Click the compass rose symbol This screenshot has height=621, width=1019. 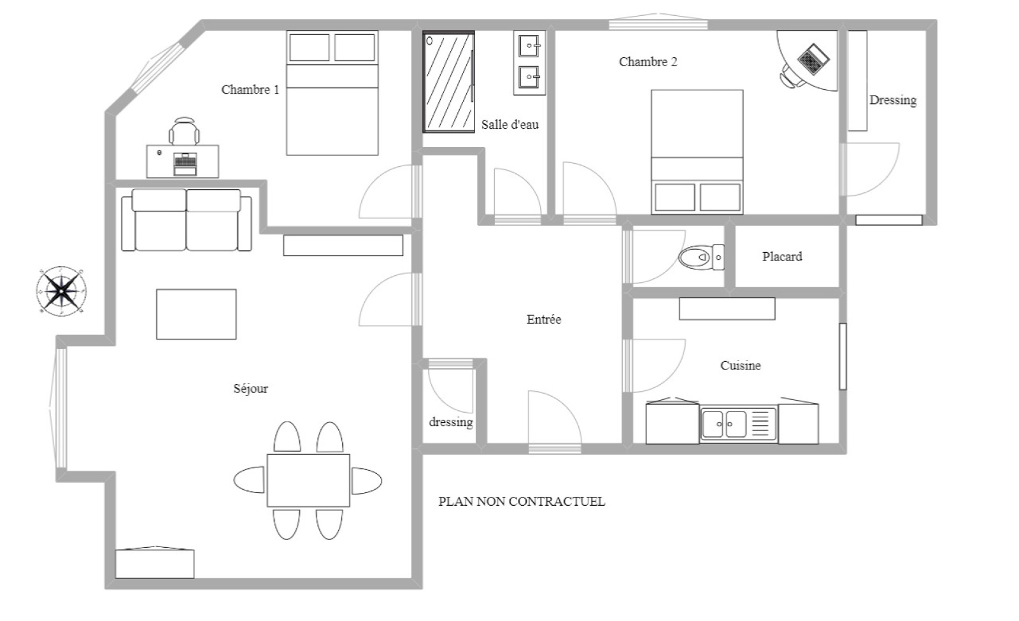(61, 291)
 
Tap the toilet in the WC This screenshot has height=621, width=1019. (701, 257)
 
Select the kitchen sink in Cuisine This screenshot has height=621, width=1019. (739, 424)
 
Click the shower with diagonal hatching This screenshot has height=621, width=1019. (449, 82)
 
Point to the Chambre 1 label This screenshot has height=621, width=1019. (250, 90)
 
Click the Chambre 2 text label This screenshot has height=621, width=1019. (648, 62)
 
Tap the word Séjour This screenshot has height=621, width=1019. (251, 389)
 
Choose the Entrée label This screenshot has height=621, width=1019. (544, 319)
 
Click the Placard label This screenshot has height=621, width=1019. (782, 257)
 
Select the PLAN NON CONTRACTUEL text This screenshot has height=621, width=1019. (522, 501)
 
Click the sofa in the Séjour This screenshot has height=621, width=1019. (187, 220)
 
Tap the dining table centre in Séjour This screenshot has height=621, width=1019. (308, 480)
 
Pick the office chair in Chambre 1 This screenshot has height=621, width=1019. (184, 131)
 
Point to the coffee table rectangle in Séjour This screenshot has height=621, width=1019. (196, 314)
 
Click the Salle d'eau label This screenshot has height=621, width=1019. (510, 124)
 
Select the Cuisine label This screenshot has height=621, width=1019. (740, 366)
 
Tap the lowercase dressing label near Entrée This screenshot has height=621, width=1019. (451, 422)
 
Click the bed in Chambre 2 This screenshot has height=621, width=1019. (697, 152)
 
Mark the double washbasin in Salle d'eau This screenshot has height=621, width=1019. (529, 63)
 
